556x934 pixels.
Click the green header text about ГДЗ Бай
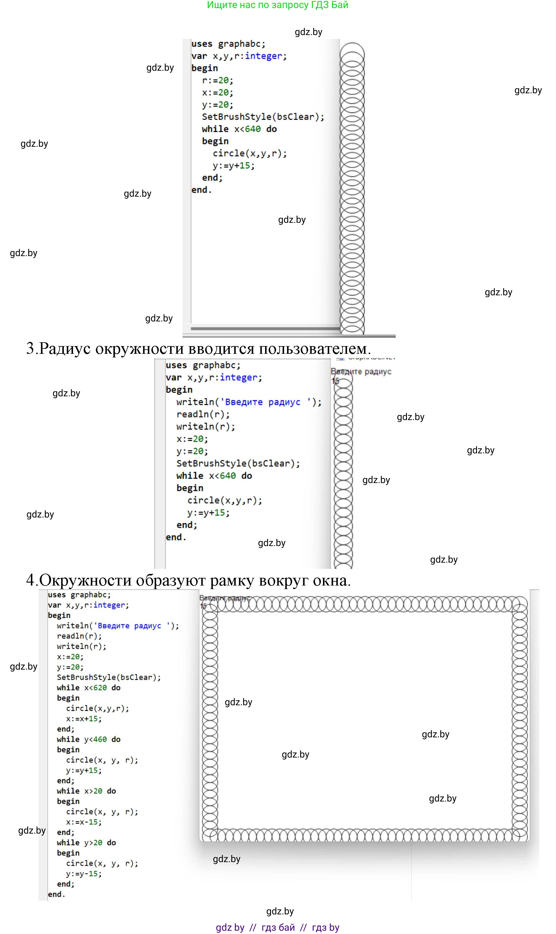pyautogui.click(x=278, y=5)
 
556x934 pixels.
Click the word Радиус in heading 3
pyautogui.click(x=64, y=349)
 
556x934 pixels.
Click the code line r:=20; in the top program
pyautogui.click(x=217, y=81)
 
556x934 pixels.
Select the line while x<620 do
pyautogui.click(x=88, y=688)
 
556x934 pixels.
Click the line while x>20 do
pyautogui.click(x=86, y=791)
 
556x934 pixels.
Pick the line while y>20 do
pyautogui.click(x=86, y=843)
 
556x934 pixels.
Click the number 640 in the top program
pyautogui.click(x=253, y=129)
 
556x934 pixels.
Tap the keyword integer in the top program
pyautogui.click(x=263, y=56)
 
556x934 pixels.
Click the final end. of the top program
pyautogui.click(x=202, y=190)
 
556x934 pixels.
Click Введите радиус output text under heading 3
pyautogui.click(x=361, y=372)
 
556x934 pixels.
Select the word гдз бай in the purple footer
pyautogui.click(x=278, y=928)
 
